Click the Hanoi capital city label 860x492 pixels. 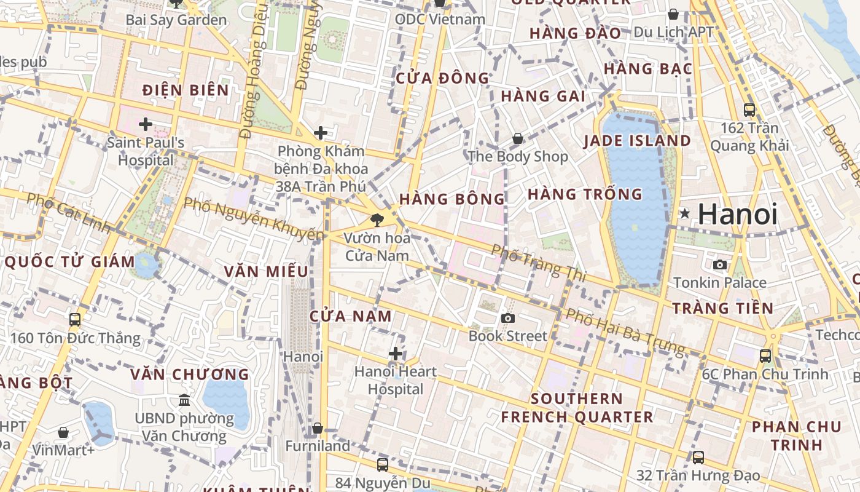tap(737, 214)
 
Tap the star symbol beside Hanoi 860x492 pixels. tap(684, 213)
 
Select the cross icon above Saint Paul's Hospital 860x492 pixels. tap(146, 125)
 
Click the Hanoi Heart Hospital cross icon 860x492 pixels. tap(396, 354)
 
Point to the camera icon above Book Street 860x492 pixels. tap(507, 318)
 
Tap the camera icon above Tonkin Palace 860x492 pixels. tap(720, 264)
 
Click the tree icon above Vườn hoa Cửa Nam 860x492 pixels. tap(376, 219)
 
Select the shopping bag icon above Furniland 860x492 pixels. tap(318, 428)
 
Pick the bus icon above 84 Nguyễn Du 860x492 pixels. tap(382, 464)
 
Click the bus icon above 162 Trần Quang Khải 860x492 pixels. tap(749, 110)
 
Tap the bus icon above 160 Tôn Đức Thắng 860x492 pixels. tap(75, 320)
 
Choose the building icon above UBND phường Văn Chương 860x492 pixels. tap(184, 400)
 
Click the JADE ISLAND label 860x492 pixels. tap(637, 141)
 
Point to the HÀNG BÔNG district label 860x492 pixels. tap(451, 199)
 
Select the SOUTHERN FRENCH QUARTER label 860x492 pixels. tap(577, 408)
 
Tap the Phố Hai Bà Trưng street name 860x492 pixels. tap(624, 332)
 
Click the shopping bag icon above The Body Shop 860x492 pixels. tap(518, 138)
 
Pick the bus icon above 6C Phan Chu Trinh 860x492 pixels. tap(765, 355)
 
